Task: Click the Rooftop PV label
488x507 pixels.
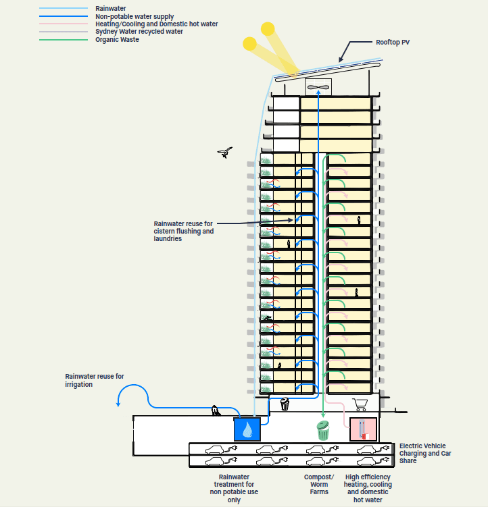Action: coord(393,43)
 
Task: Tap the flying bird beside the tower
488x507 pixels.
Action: coord(225,153)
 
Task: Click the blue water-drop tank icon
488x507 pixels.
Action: coord(247,429)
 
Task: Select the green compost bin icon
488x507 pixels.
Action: coord(323,430)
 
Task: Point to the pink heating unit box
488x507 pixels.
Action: coord(363,429)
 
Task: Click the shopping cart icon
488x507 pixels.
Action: coord(360,404)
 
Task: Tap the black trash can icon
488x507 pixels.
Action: coord(285,404)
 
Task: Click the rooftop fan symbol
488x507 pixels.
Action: coord(318,87)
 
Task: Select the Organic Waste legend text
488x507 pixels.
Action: coord(117,39)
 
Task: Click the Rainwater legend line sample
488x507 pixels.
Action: coord(64,8)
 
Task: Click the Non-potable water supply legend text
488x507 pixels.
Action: coord(135,16)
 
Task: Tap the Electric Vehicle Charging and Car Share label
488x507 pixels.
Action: coord(425,453)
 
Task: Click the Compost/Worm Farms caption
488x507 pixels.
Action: coord(319,484)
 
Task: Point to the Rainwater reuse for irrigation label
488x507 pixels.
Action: coord(95,380)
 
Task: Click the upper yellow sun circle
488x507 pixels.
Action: coord(268,29)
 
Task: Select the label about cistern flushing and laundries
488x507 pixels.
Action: coord(184,231)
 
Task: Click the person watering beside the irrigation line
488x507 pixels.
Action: coord(216,410)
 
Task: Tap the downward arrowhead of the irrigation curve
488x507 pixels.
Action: coord(118,404)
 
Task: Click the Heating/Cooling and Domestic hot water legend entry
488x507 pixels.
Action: coord(156,24)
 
